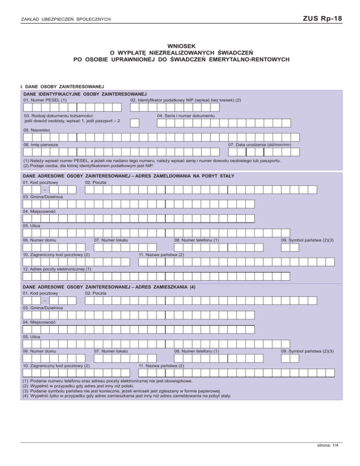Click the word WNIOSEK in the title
(x=180, y=46)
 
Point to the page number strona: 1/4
(x=327, y=446)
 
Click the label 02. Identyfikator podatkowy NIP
(x=186, y=100)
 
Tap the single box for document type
(x=135, y=123)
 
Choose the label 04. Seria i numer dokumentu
(x=186, y=115)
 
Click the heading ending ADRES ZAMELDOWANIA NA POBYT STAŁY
(x=129, y=175)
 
